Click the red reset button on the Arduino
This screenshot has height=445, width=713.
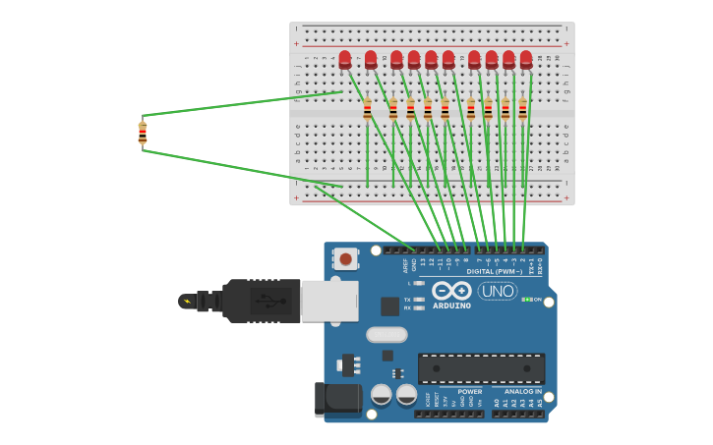[345, 259]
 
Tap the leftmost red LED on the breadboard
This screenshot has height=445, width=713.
[344, 59]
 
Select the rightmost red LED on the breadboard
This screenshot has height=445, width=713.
[526, 59]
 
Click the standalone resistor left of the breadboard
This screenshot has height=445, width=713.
[143, 133]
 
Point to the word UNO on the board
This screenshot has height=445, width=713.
[497, 291]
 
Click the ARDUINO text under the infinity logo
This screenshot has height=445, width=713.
[451, 306]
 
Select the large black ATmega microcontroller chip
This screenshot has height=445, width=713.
[481, 368]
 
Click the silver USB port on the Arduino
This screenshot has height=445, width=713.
[328, 301]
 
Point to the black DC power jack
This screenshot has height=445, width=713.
[333, 400]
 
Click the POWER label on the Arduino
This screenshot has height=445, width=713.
[470, 391]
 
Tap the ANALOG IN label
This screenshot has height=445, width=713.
[524, 391]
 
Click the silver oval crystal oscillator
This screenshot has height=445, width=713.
[386, 334]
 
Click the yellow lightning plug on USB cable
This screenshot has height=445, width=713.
[186, 301]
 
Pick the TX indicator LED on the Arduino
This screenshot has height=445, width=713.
[420, 299]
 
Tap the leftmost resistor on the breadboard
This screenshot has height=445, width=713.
[367, 109]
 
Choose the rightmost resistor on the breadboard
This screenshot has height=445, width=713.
[522, 109]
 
